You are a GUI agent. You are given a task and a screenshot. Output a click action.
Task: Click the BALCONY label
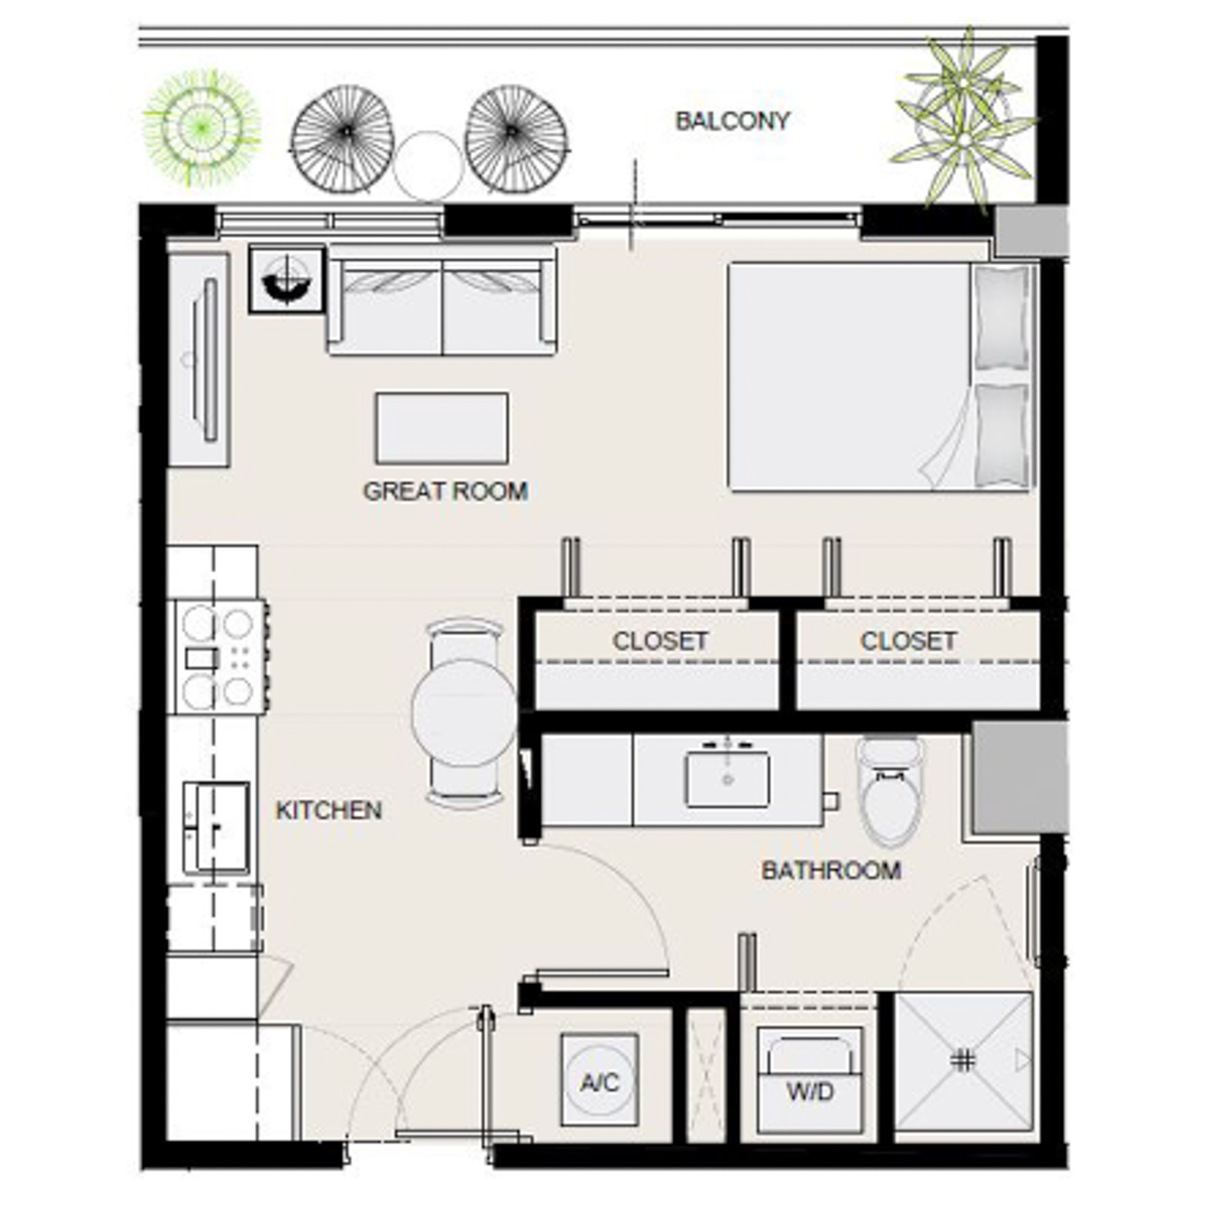click(732, 121)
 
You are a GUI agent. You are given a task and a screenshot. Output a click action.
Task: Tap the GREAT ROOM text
click(445, 491)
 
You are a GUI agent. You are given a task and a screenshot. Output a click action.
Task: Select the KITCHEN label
click(328, 810)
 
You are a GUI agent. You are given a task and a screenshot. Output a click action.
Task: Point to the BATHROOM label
click(831, 871)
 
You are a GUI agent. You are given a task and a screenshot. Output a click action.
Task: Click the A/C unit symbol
click(600, 1082)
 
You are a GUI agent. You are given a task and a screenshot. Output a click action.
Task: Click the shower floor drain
click(962, 1061)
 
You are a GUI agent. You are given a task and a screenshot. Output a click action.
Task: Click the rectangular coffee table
click(442, 428)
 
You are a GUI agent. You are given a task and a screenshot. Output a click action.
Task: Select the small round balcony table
click(428, 166)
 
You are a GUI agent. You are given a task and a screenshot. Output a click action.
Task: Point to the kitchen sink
click(216, 828)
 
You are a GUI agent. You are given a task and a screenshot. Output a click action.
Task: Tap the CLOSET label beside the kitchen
click(660, 641)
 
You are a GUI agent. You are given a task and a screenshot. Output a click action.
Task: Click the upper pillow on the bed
click(1002, 317)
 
